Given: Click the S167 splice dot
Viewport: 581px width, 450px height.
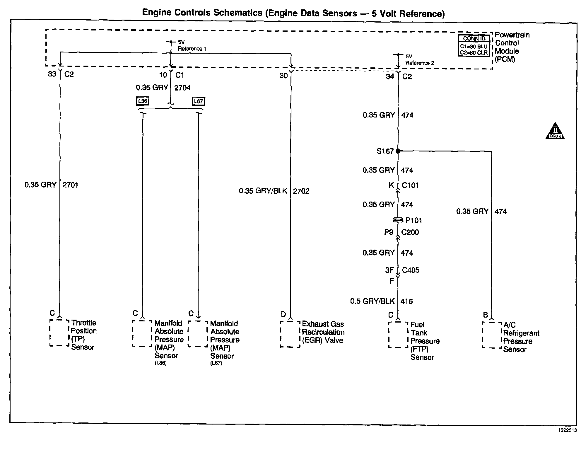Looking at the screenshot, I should (x=398, y=151).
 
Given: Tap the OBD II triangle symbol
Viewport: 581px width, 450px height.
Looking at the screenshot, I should (x=555, y=132).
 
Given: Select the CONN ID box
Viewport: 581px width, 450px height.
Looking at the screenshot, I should (x=474, y=46).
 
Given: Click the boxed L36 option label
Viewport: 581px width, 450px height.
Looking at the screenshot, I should (x=143, y=101).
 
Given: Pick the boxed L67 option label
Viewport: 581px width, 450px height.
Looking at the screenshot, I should (x=198, y=101).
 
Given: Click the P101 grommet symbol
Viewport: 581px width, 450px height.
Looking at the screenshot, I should (x=398, y=220).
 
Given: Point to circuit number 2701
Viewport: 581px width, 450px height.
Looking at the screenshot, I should (x=70, y=185).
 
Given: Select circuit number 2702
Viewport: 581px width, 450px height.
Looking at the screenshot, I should (x=301, y=191).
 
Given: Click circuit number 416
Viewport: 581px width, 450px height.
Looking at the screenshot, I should (x=406, y=301).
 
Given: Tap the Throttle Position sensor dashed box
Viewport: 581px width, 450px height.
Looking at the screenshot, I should (x=59, y=333).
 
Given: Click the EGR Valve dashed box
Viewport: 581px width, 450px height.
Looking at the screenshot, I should (x=290, y=334).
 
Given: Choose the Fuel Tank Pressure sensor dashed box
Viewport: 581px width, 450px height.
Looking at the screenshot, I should (x=398, y=335).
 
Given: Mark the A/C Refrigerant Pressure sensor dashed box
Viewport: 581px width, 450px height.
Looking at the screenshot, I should (x=492, y=335).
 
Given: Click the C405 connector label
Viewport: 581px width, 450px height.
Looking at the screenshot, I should (x=411, y=270).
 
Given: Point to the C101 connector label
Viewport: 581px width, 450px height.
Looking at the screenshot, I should (x=410, y=185).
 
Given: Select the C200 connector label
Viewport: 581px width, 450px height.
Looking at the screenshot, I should (x=410, y=232).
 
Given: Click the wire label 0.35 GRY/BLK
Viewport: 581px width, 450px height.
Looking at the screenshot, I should (x=263, y=191).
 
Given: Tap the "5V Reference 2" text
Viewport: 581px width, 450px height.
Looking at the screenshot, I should (x=419, y=59).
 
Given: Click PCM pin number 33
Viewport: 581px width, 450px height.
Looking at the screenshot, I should (x=52, y=74).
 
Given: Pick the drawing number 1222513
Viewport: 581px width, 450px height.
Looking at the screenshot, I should (x=567, y=430).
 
